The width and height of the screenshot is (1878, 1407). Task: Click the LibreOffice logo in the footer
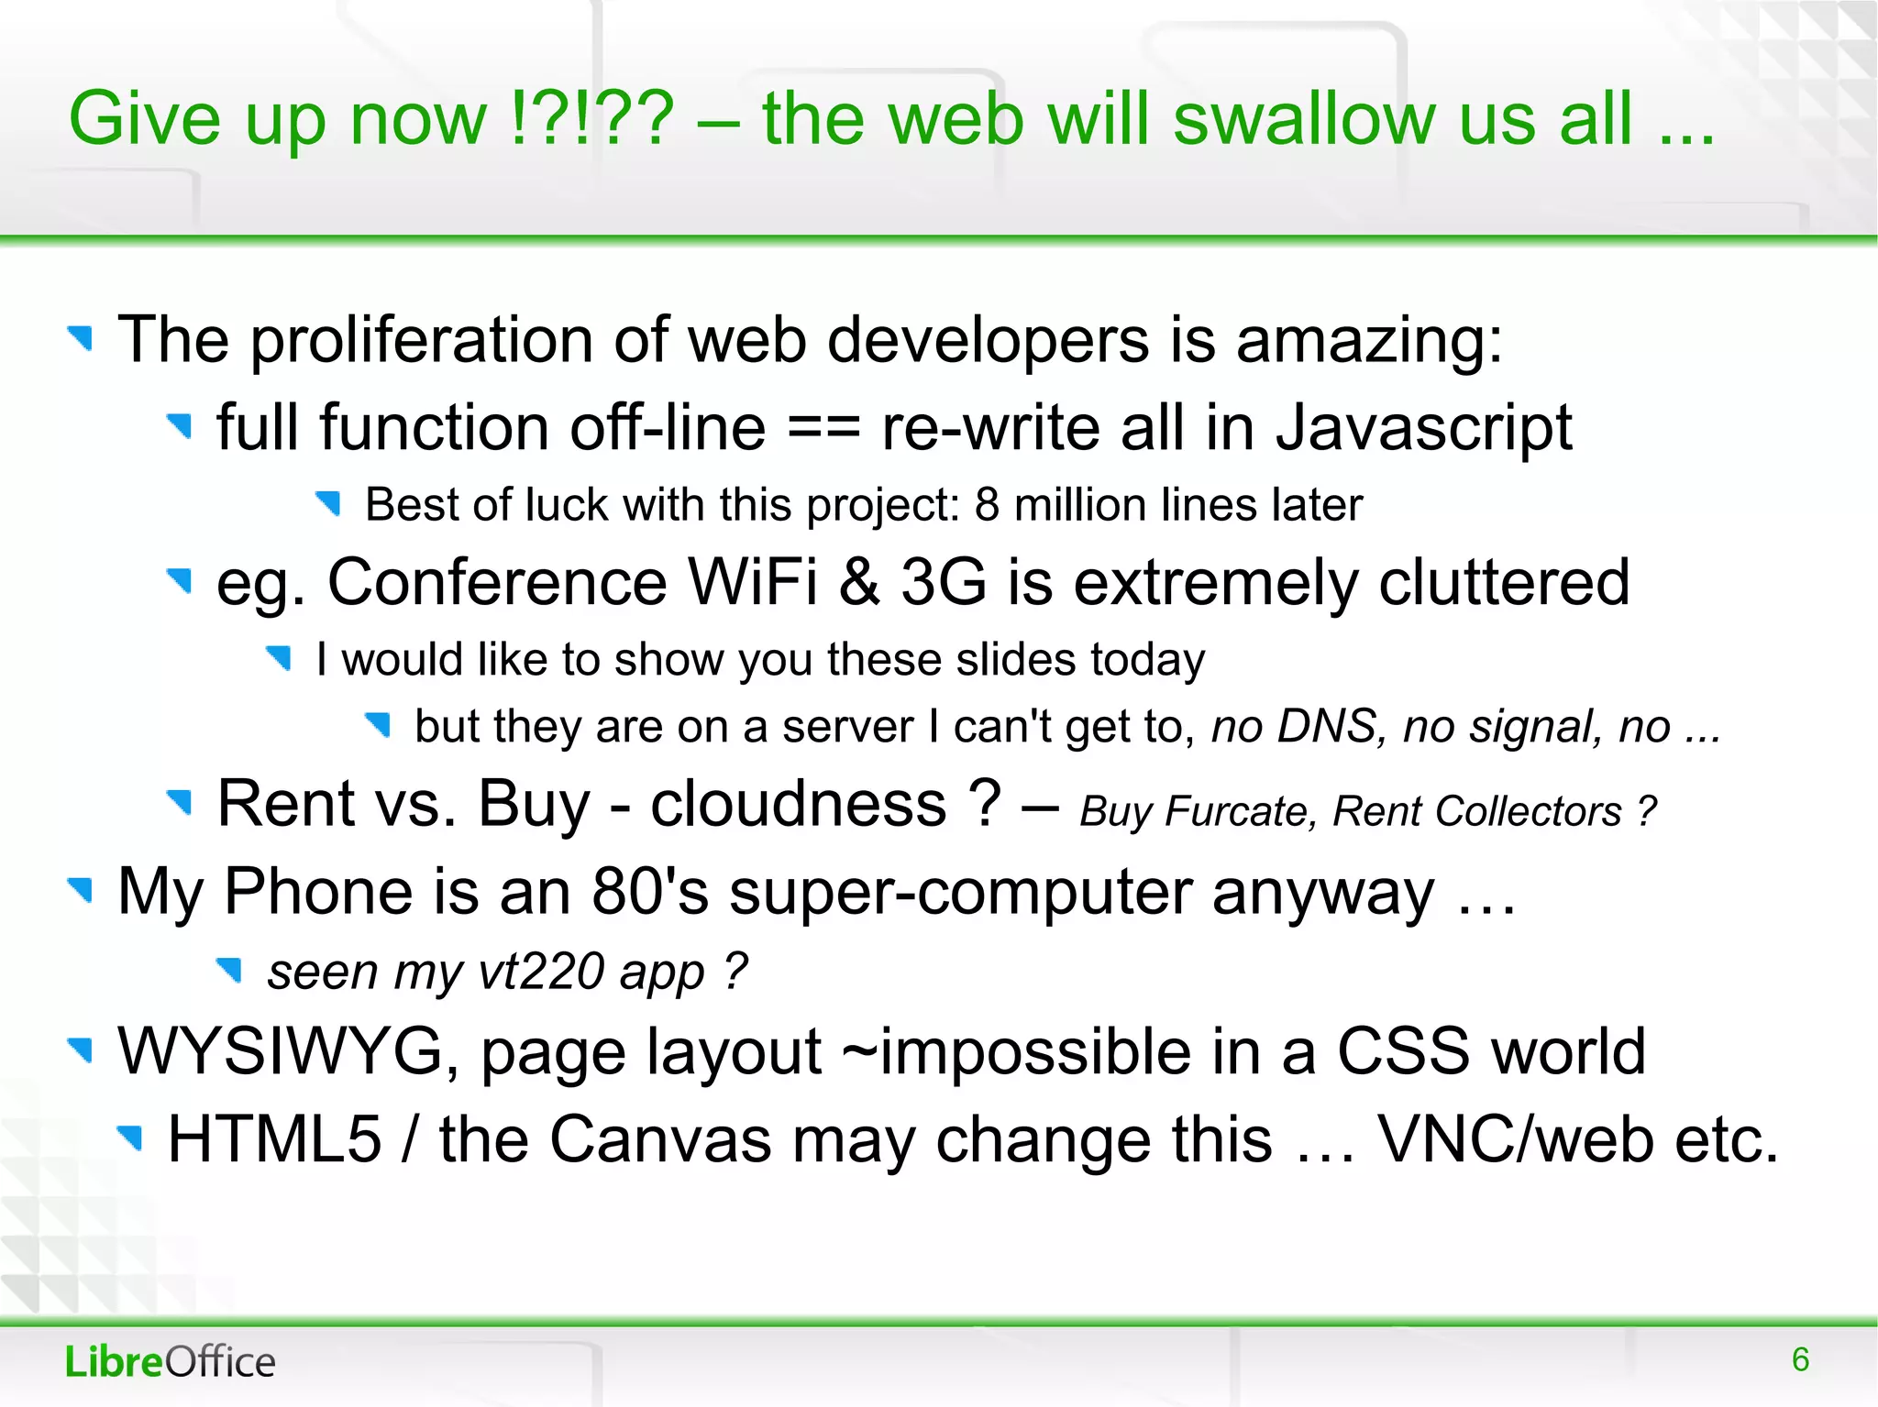(x=170, y=1361)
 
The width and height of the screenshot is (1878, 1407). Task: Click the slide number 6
(x=1800, y=1359)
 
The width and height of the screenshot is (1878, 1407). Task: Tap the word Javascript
(x=1423, y=429)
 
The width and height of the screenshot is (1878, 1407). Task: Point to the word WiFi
(x=752, y=582)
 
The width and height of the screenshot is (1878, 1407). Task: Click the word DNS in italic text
(x=1327, y=726)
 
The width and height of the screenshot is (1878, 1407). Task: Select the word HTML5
(x=274, y=1139)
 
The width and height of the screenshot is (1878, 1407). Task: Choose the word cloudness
(x=798, y=804)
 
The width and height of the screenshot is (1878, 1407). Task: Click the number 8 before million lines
(x=987, y=505)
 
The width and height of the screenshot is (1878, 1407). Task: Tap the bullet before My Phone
(x=82, y=889)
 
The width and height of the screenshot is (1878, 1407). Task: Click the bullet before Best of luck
(x=328, y=502)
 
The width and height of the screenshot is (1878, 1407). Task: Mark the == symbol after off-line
(x=823, y=429)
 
